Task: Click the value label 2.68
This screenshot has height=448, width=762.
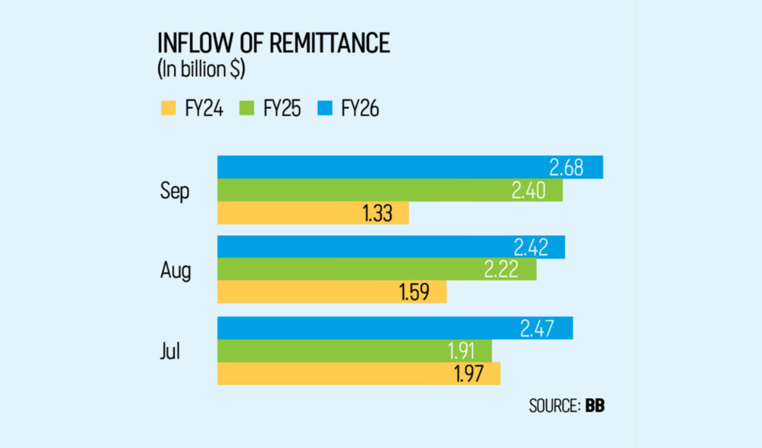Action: point(566,167)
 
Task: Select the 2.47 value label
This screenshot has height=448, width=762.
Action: point(537,328)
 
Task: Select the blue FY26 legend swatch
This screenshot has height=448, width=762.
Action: point(327,109)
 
